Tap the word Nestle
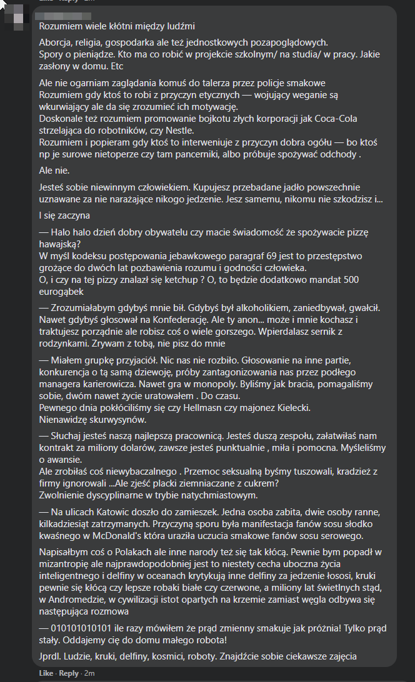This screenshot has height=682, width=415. [180, 131]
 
